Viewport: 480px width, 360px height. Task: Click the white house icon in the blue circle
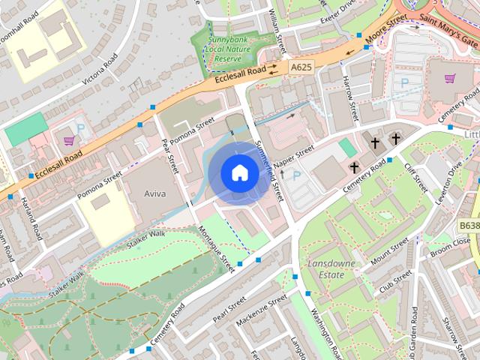pyautogui.click(x=239, y=173)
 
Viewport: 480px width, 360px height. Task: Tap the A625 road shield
pyautogui.click(x=301, y=67)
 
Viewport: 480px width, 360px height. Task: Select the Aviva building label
pyautogui.click(x=154, y=193)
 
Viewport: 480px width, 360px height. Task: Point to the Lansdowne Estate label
pyautogui.click(x=326, y=268)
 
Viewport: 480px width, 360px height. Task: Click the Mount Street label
pyautogui.click(x=390, y=252)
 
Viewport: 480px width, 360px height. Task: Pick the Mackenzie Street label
pyautogui.click(x=261, y=310)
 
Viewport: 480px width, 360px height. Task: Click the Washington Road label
pyautogui.click(x=328, y=333)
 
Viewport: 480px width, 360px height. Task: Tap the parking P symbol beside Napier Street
pyautogui.click(x=297, y=176)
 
